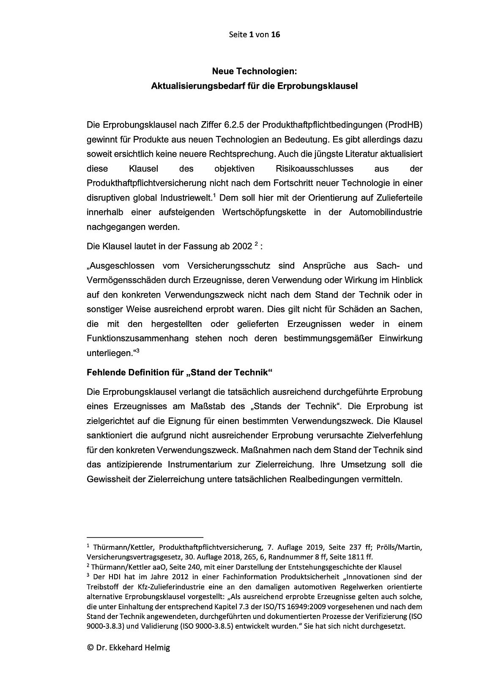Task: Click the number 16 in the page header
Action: [275, 35]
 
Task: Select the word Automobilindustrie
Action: [385, 212]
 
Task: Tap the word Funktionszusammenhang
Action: [144, 339]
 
